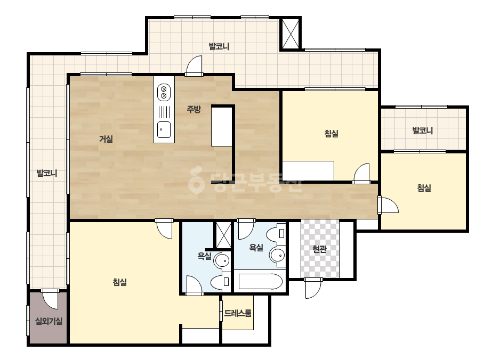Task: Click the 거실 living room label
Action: (x=106, y=138)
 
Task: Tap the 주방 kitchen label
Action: (x=193, y=109)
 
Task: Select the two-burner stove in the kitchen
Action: (x=164, y=92)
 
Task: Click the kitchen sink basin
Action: (x=164, y=129)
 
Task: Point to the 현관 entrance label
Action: (x=319, y=249)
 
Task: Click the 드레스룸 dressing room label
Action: (x=238, y=313)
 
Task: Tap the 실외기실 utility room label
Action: (x=49, y=321)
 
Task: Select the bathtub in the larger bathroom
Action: (x=260, y=281)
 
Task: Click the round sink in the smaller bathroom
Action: (x=222, y=260)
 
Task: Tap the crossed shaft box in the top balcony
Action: (x=290, y=34)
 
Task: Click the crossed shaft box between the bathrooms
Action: (x=223, y=235)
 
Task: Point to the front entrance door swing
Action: (x=313, y=288)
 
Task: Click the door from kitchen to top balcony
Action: (x=194, y=66)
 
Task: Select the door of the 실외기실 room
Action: (x=50, y=299)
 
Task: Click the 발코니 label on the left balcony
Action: (x=47, y=173)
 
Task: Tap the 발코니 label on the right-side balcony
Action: (x=423, y=130)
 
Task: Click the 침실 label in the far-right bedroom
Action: (x=424, y=188)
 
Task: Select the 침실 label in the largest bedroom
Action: (x=119, y=282)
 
